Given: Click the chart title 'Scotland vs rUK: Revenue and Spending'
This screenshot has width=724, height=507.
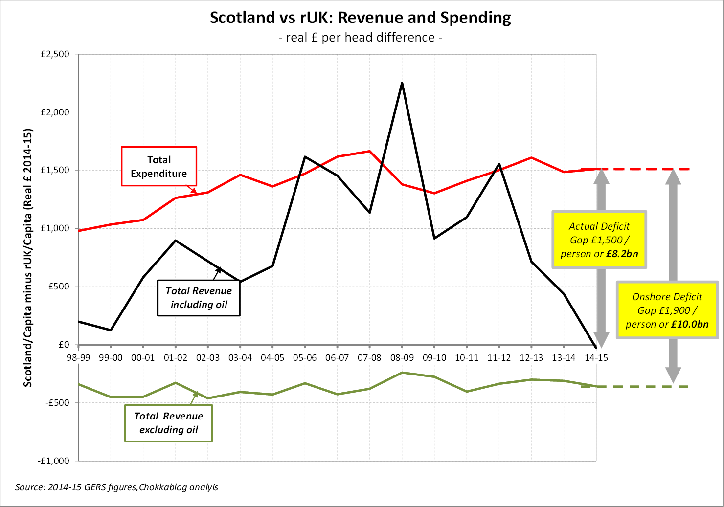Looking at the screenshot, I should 361,18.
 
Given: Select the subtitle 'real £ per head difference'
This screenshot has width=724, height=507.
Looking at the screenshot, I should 361,38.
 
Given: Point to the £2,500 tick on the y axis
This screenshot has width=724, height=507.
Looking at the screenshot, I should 55,54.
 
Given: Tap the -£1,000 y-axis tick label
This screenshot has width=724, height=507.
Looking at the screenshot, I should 54,461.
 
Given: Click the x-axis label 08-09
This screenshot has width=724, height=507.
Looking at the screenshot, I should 402,358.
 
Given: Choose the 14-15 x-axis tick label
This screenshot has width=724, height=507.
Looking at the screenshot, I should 596,358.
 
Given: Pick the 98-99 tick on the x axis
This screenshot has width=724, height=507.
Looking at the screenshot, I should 78,358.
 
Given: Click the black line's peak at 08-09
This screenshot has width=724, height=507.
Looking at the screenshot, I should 402,83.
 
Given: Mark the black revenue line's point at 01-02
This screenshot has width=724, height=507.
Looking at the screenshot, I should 176,241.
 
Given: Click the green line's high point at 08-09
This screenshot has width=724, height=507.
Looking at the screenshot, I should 402,373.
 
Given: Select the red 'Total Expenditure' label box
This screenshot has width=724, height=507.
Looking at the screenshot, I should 159,166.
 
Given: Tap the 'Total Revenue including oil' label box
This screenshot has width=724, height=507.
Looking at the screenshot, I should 199,298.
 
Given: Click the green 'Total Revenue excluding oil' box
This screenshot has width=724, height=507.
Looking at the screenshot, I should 168,423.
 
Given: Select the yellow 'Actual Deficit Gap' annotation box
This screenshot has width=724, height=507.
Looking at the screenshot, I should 599,240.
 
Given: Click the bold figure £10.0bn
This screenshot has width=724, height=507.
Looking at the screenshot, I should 690,324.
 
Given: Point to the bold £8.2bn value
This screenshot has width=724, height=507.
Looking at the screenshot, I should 622,254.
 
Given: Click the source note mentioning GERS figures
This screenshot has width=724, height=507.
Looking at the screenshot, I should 116,487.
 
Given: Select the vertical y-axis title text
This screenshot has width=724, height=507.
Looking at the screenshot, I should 28,258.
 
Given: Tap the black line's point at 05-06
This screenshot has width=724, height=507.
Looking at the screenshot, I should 305,157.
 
